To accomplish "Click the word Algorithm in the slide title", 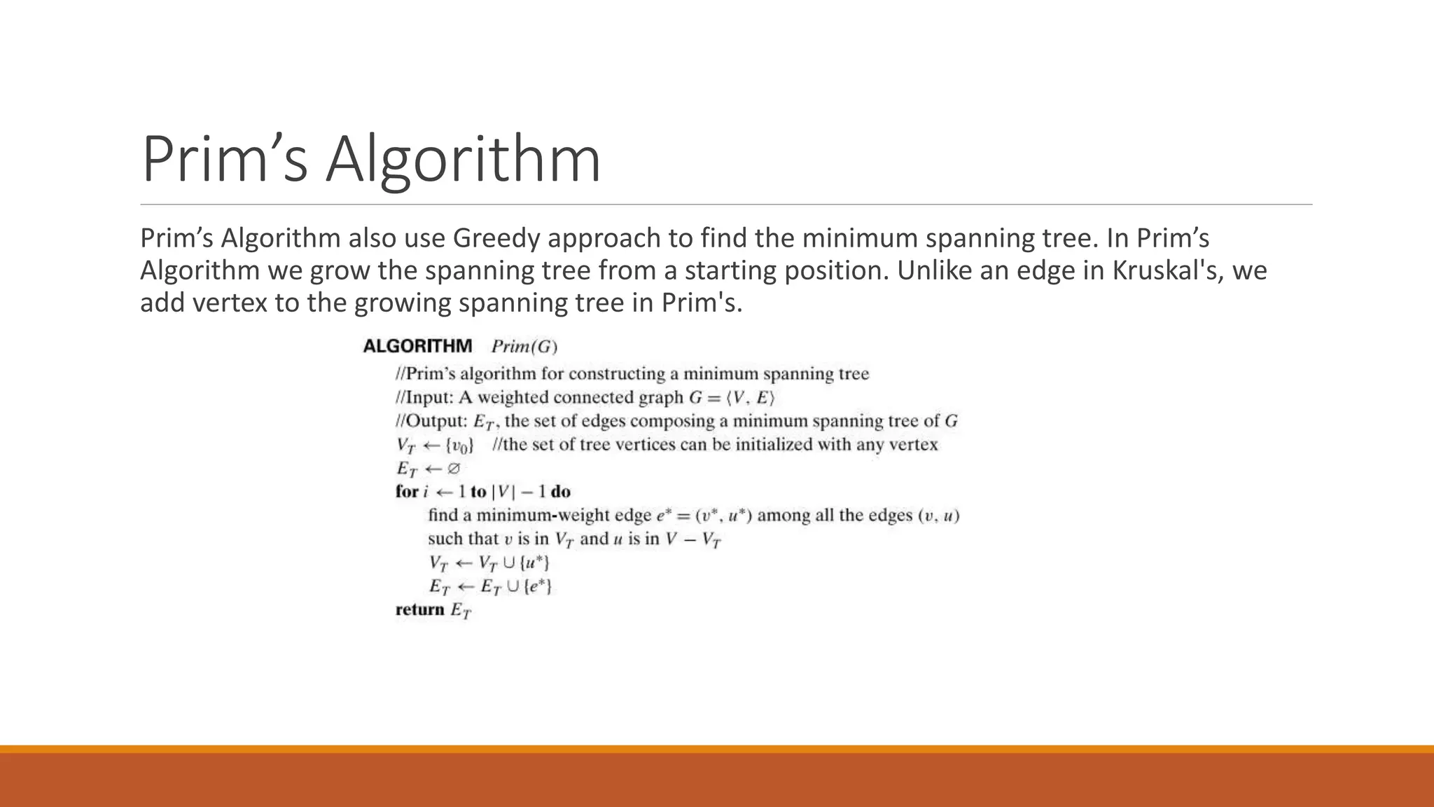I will pyautogui.click(x=463, y=160).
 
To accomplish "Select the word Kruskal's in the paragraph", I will pyautogui.click(x=1167, y=270).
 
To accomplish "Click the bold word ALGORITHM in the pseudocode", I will pyautogui.click(x=417, y=346).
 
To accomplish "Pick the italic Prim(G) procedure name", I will pyautogui.click(x=524, y=347).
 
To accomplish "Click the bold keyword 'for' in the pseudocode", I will pyautogui.click(x=407, y=492).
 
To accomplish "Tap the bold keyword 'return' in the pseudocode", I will pyautogui.click(x=420, y=609).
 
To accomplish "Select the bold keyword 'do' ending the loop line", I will pyautogui.click(x=561, y=492).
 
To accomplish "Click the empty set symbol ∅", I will pyautogui.click(x=453, y=469).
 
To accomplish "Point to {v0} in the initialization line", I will pyautogui.click(x=459, y=446).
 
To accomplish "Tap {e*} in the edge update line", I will pyautogui.click(x=538, y=586).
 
